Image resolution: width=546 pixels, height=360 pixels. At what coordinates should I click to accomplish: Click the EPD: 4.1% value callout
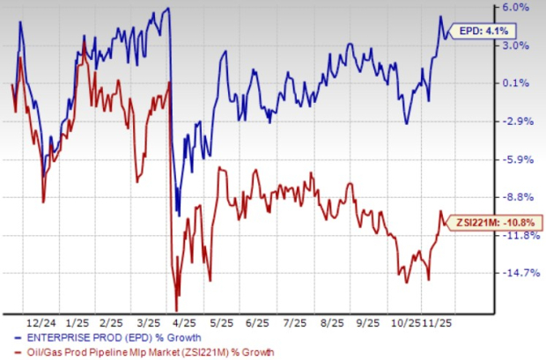[x=483, y=33]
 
